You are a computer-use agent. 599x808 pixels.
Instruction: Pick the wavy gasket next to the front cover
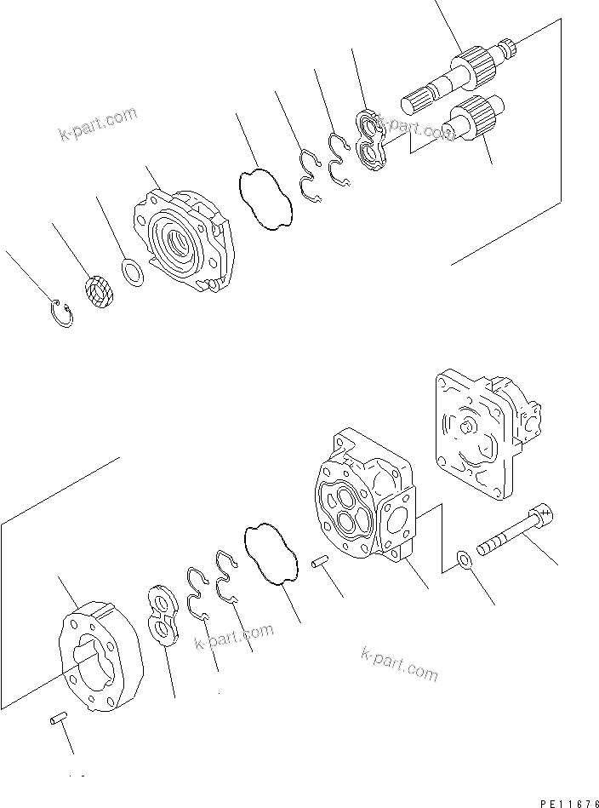[266, 199]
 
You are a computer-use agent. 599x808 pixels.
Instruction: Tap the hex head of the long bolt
[543, 517]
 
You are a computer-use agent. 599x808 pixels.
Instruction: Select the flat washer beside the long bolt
[463, 559]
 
